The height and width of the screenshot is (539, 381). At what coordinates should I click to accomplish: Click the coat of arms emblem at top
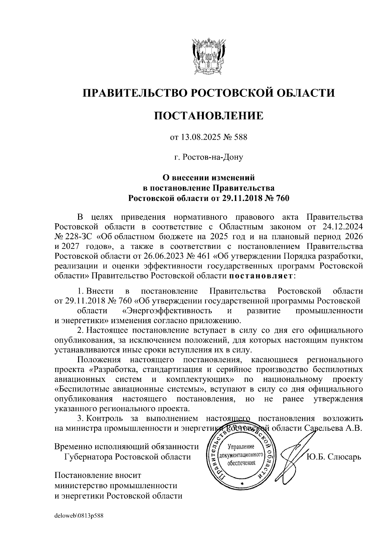click(209, 56)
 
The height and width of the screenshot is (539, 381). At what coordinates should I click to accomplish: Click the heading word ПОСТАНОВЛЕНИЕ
click(209, 116)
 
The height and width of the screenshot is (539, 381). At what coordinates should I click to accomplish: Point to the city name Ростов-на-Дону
click(213, 157)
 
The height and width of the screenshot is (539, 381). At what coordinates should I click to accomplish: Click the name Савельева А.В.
click(333, 428)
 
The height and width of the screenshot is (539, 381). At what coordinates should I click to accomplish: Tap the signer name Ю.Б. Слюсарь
click(334, 457)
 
